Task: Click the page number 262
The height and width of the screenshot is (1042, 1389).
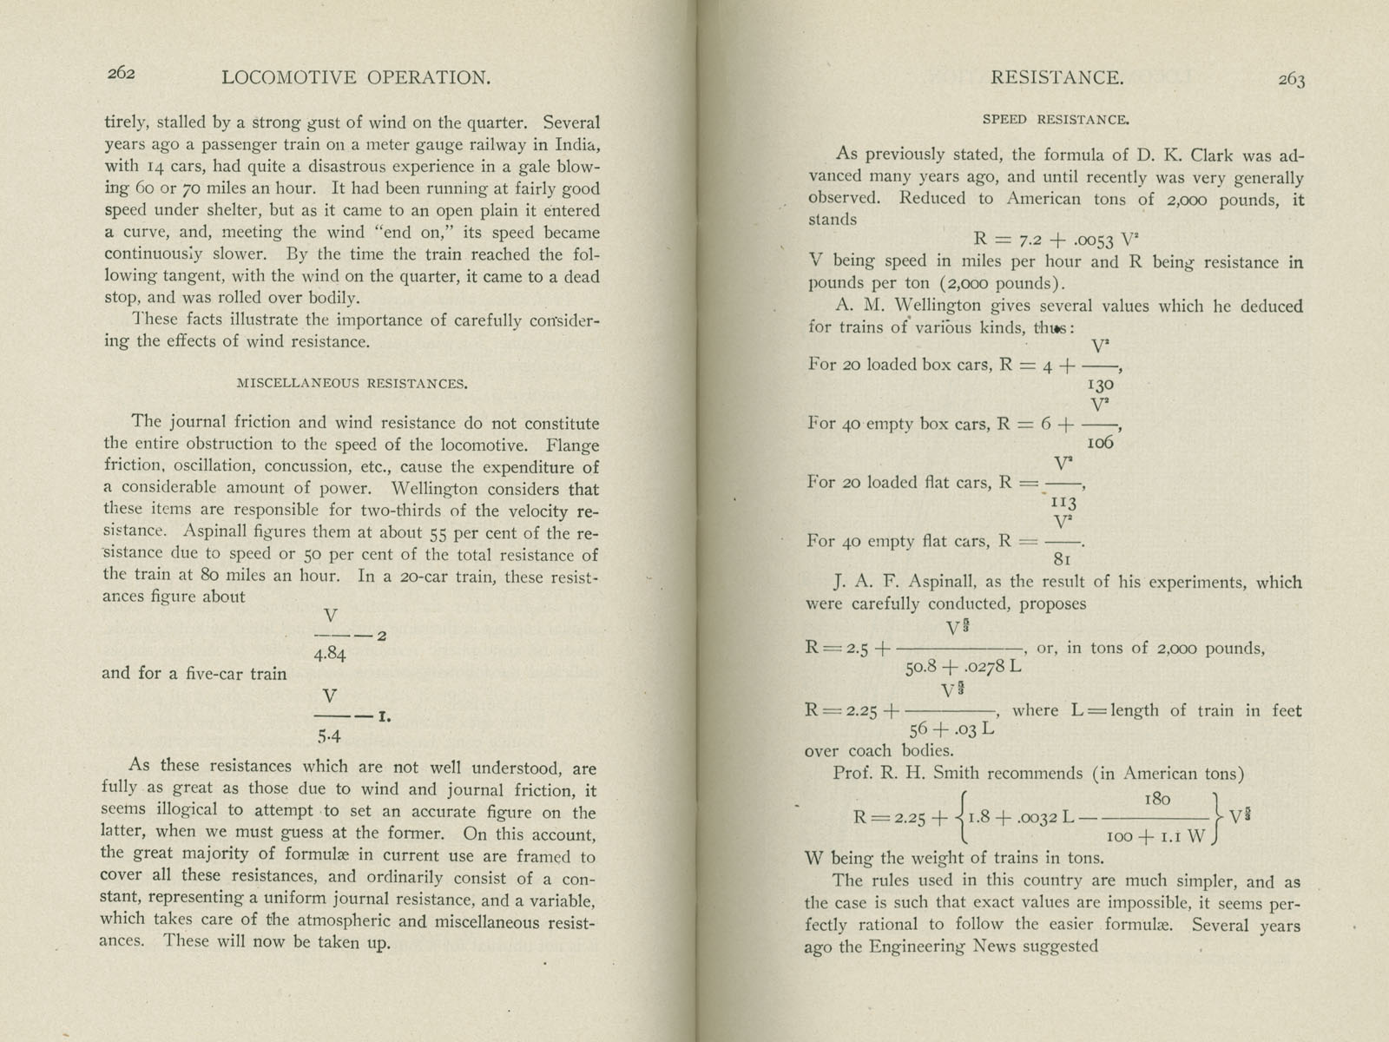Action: [x=121, y=74]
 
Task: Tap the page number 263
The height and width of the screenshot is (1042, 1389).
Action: [x=1291, y=80]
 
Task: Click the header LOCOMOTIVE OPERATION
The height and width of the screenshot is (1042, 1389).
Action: [x=356, y=77]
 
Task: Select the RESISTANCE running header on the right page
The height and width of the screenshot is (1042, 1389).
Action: [x=1057, y=77]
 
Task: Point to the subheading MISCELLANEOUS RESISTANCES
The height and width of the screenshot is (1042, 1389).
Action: [x=352, y=383]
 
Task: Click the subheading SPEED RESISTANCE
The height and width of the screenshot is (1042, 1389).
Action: [x=1055, y=120]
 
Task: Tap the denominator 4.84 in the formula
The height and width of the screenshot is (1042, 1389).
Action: [x=330, y=654]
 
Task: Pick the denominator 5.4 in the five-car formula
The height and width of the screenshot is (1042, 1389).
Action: [x=329, y=737]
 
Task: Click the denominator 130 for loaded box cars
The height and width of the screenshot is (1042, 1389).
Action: [x=1099, y=383]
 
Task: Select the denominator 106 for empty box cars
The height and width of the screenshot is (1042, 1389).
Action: [x=1099, y=442]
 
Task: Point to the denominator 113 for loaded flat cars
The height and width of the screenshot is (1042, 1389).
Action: [x=1063, y=502]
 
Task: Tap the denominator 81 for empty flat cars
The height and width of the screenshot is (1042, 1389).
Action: [x=1061, y=560]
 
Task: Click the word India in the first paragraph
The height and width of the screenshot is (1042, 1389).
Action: [x=575, y=144]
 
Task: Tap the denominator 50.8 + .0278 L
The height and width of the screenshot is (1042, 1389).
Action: [x=963, y=668]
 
